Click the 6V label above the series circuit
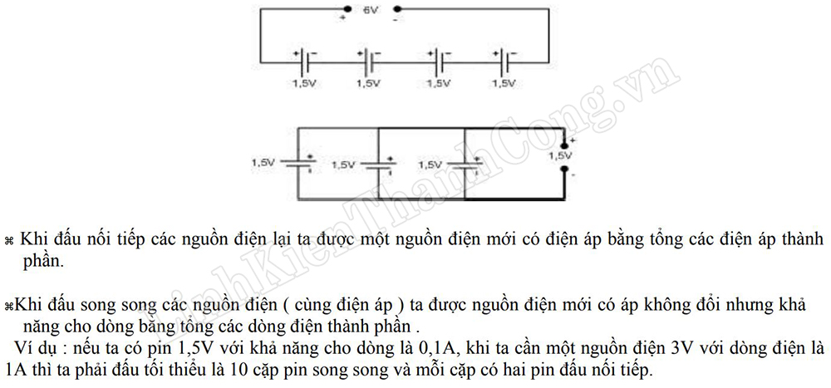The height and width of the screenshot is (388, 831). click(370, 10)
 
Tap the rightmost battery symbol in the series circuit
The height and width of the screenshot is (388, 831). click(504, 61)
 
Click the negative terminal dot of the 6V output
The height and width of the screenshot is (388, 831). click(396, 10)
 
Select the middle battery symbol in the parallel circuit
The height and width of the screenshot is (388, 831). click(379, 165)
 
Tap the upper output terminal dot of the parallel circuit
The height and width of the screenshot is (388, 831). click(565, 145)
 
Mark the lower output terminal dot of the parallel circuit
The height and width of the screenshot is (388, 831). click(565, 173)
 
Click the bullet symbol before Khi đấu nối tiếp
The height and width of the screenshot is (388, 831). click(11, 240)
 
